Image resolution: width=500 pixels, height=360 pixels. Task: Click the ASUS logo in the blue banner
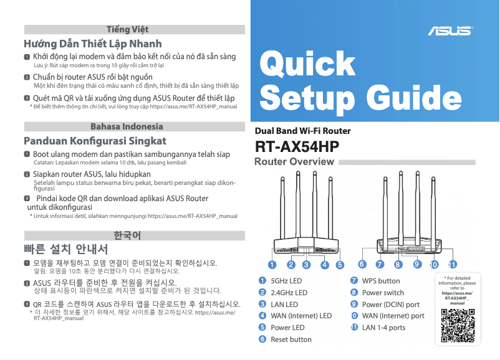click(450, 30)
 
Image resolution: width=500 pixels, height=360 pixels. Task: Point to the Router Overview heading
click(294, 162)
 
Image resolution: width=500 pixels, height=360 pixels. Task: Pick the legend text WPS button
click(381, 281)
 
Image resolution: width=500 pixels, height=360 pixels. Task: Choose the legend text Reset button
click(291, 339)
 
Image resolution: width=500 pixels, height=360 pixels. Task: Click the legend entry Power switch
click(383, 293)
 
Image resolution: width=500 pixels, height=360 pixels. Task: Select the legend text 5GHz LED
click(286, 281)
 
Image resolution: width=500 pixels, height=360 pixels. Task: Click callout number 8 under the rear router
click(398, 264)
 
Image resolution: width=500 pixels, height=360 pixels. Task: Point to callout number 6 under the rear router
click(362, 264)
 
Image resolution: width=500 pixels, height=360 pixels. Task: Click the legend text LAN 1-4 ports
click(383, 328)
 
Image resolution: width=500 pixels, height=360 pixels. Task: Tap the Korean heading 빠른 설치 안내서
click(61, 250)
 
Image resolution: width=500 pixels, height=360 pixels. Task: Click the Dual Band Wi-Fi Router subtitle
click(303, 131)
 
